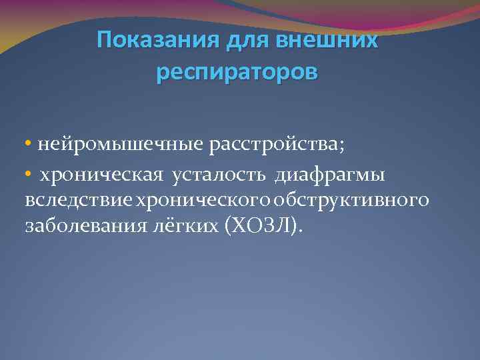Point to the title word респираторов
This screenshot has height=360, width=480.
[237, 72]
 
